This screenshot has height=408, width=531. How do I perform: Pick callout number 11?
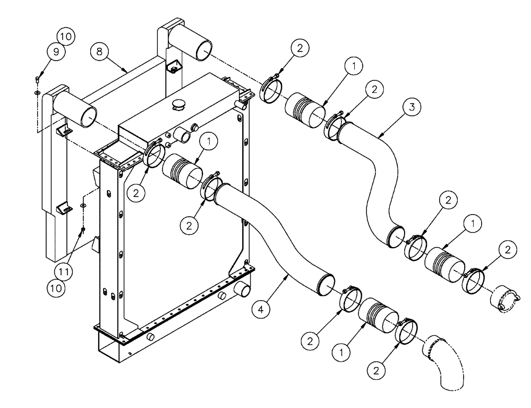tap(63, 271)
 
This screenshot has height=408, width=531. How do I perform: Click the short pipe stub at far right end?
tap(502, 299)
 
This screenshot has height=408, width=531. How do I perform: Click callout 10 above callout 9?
tap(66, 37)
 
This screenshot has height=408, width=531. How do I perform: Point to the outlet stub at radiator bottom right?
tap(242, 290)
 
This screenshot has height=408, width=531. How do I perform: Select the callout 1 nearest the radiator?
tap(209, 141)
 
